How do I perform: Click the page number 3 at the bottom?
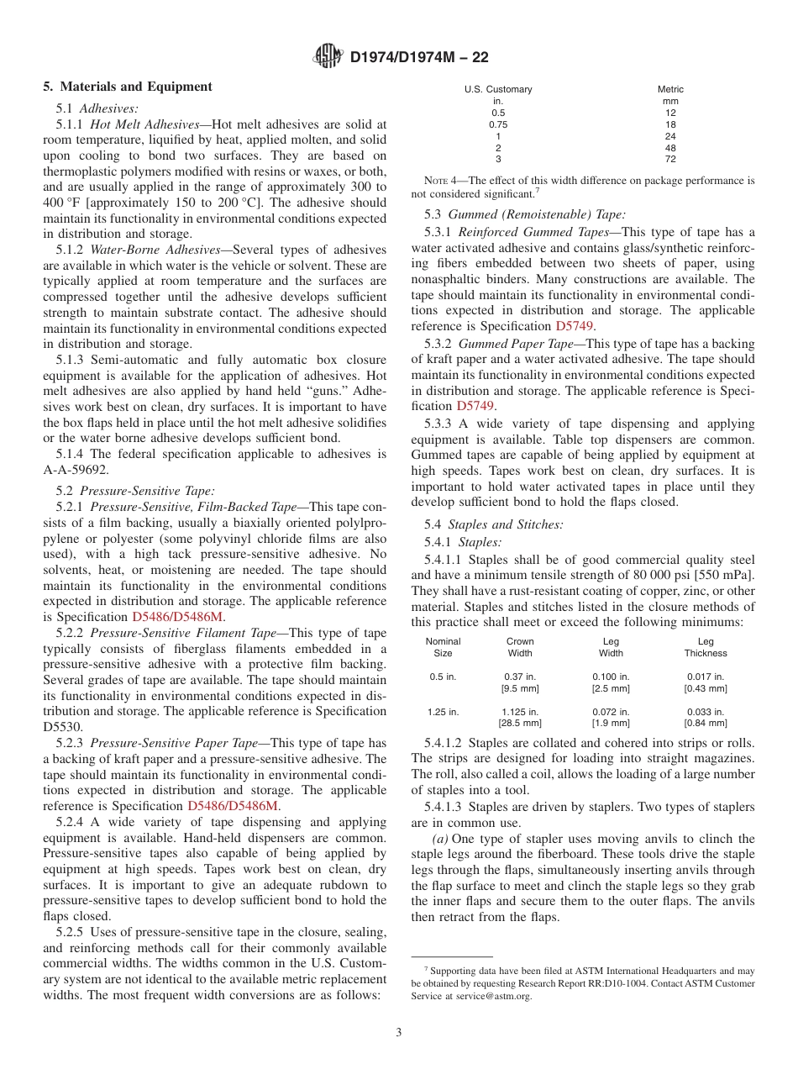pyautogui.click(x=399, y=1032)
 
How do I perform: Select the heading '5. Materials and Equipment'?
pyautogui.click(x=128, y=87)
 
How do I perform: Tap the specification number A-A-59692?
pyautogui.click(x=76, y=470)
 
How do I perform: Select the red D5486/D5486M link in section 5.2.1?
pyautogui.click(x=177, y=616)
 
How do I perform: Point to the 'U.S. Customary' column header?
pyautogui.click(x=498, y=89)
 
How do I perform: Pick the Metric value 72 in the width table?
pyautogui.click(x=669, y=159)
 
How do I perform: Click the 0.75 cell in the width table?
pyautogui.click(x=498, y=124)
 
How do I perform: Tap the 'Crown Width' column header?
pyautogui.click(x=520, y=647)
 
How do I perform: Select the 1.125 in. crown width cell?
pyautogui.click(x=520, y=712)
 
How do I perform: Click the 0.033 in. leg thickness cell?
pyautogui.click(x=706, y=712)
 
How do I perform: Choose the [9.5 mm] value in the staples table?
pyautogui.click(x=520, y=688)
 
